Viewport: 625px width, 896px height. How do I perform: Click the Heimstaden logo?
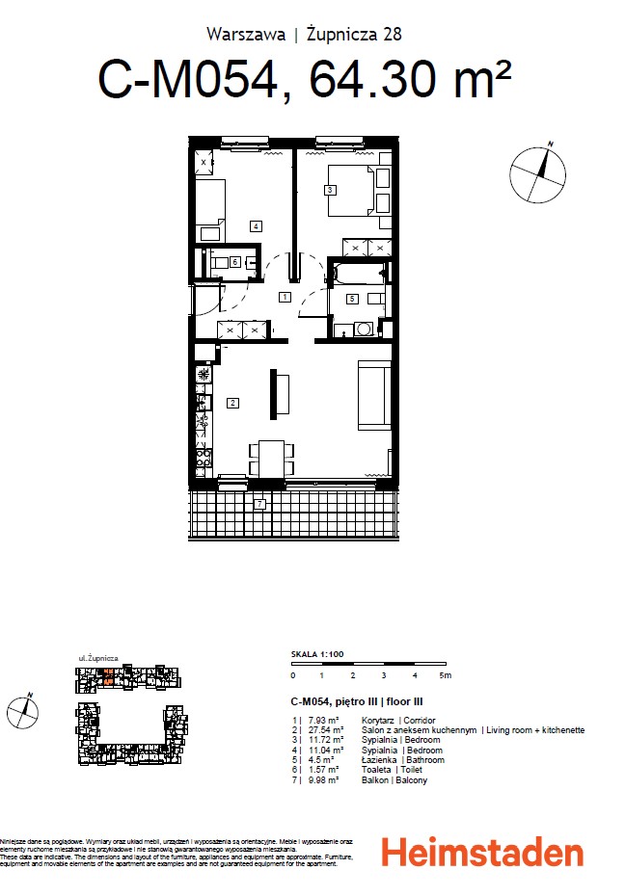(482, 853)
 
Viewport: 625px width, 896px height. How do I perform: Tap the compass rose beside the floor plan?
(538, 174)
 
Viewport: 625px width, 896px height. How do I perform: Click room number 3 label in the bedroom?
(330, 190)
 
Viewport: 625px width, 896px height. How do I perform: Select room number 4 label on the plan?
(255, 226)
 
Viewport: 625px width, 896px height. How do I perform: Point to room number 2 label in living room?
(232, 403)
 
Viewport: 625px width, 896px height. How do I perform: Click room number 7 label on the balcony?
(259, 503)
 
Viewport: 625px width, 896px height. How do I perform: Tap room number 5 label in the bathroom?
(353, 299)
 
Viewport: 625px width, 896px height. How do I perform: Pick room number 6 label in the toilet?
(234, 261)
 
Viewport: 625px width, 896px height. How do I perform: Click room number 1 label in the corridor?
(285, 297)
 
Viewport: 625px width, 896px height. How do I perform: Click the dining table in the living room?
(271, 459)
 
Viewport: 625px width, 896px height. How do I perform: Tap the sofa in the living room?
(374, 394)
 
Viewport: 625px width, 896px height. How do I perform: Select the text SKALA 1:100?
(316, 654)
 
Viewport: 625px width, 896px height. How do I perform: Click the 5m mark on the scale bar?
(445, 676)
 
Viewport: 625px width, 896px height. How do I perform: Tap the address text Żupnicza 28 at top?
(353, 34)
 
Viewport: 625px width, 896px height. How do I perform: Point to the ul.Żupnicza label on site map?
(97, 657)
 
